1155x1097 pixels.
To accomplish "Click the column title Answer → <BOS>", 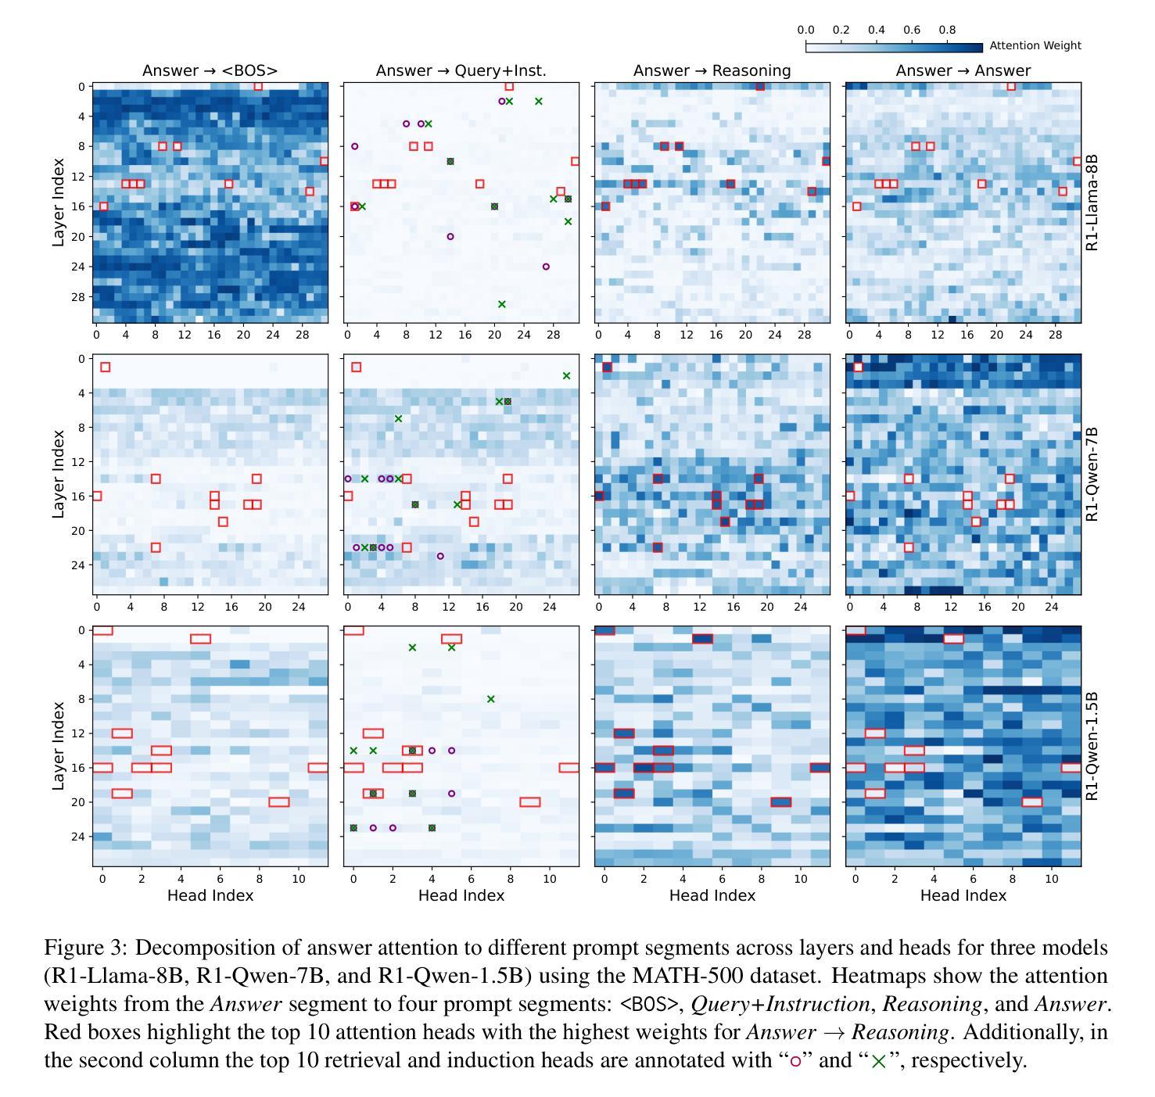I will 210,70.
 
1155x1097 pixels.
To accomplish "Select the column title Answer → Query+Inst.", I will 461,70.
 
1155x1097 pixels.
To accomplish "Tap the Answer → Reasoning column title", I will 712,70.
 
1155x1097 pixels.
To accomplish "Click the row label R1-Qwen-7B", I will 1092,474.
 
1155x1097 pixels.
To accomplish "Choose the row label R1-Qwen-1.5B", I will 1092,746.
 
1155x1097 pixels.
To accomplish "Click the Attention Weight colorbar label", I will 1035,45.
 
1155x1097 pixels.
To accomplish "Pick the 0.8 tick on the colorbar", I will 947,30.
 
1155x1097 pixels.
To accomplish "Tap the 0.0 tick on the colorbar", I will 805,30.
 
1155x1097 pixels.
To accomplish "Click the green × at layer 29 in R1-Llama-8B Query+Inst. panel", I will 502,304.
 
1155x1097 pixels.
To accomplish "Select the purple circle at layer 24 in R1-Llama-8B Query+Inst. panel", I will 546,267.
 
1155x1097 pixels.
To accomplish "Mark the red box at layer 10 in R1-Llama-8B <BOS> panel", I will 325,161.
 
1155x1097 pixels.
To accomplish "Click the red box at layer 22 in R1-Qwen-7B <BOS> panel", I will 156,547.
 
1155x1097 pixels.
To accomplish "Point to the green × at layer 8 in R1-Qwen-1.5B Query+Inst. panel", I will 490,699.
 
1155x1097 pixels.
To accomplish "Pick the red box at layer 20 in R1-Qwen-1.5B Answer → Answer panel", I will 1032,802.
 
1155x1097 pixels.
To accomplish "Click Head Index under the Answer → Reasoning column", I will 712,895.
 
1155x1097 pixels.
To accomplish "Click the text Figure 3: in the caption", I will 85,948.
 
